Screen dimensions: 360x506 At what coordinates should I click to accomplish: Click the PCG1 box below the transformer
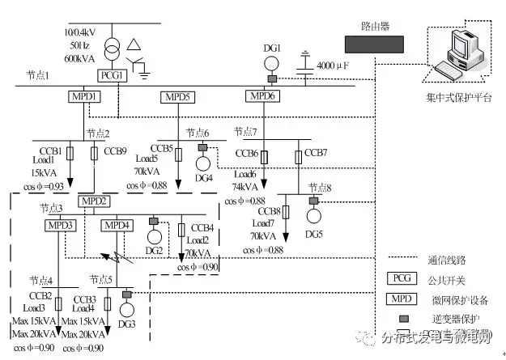coord(110,75)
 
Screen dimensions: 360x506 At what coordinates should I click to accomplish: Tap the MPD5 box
coord(177,97)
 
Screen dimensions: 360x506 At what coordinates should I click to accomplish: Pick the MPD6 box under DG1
coord(261,97)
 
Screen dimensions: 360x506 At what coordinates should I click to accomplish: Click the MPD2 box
coord(93,201)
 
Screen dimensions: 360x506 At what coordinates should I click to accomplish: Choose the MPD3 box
coord(59,225)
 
